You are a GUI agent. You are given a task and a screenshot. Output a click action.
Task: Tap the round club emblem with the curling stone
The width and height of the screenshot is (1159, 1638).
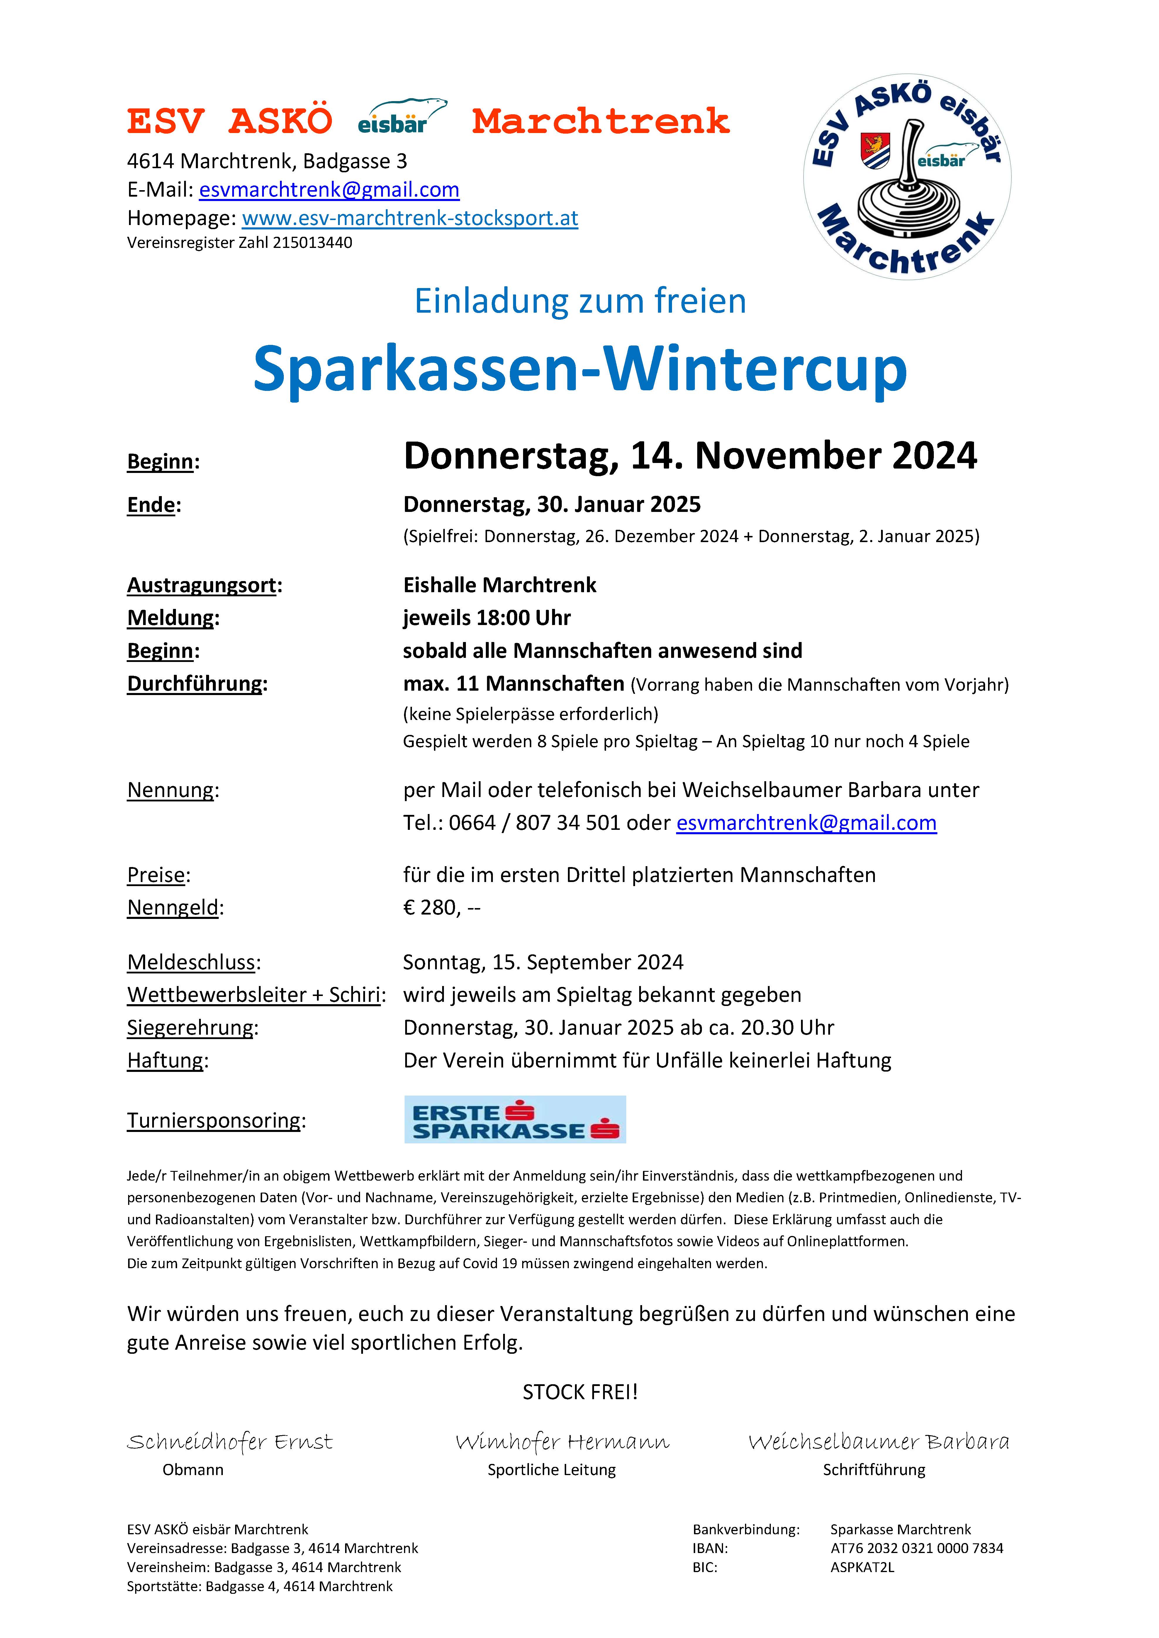907,177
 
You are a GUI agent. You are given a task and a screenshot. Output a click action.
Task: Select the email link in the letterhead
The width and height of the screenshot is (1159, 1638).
329,190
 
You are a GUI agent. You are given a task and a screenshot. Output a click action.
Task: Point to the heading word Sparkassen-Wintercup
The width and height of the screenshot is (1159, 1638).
579,369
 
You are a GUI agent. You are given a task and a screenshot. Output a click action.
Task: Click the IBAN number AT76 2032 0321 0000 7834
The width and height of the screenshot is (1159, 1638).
916,1549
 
